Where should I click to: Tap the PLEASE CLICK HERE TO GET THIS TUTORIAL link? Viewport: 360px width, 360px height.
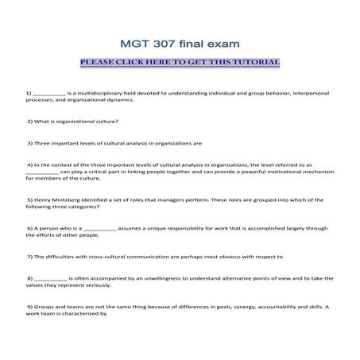click(x=180, y=61)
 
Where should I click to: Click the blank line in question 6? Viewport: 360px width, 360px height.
click(x=100, y=228)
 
